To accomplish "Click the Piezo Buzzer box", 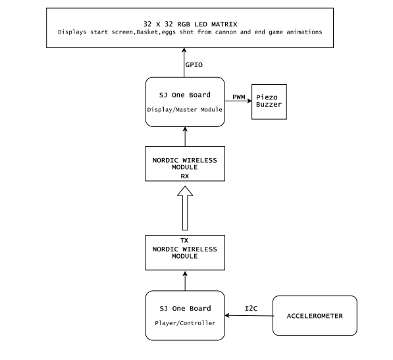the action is coord(269,102).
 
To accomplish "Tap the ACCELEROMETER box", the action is coord(315,315).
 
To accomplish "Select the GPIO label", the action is coord(194,65).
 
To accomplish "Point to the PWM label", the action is coord(238,97).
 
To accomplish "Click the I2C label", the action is coord(251,309).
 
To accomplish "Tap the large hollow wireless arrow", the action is coord(185,208).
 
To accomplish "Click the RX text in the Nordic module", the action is coord(185,176).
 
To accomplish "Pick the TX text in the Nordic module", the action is coord(184,240).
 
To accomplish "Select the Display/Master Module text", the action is coord(185,110).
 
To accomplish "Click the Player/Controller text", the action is coord(185,323).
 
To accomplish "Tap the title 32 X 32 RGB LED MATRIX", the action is coord(190,24).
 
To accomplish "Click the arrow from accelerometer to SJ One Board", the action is coord(249,316).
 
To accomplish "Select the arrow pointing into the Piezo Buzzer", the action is coord(238,101).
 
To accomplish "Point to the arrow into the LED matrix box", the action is coord(184,63).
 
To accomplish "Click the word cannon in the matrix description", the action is coord(226,32).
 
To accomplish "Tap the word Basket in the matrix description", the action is coord(147,32).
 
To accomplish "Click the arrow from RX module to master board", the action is coord(185,136).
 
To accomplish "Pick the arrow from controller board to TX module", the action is coord(185,281).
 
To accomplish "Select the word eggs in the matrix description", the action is coord(169,32).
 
